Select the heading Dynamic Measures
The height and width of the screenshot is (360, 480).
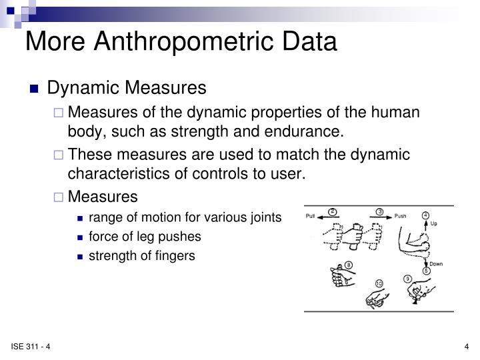[x=127, y=88]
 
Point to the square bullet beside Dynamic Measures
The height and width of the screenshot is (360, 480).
[x=35, y=89]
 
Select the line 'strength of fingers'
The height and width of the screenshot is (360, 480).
[x=142, y=256]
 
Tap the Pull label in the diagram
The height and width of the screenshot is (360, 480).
[x=310, y=216]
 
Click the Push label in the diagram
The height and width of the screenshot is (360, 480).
[x=400, y=216]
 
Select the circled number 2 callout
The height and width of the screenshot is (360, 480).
[x=332, y=211]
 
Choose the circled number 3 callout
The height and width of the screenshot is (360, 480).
[x=379, y=211]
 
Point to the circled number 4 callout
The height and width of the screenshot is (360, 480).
[x=425, y=215]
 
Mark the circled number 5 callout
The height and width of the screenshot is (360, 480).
[x=425, y=272]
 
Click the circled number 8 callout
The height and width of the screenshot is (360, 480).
[x=348, y=265]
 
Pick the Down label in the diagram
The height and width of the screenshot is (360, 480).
[x=435, y=264]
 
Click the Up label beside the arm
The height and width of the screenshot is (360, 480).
[x=433, y=223]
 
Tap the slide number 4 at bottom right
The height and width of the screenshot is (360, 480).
[x=467, y=345]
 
